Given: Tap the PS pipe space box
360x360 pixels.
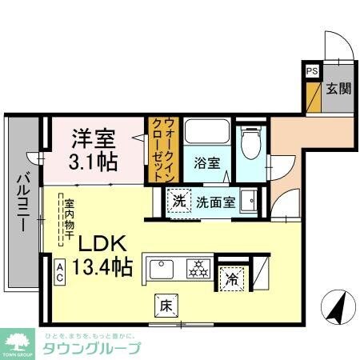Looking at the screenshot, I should [x=310, y=71].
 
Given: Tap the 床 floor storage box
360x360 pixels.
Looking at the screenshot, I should [x=162, y=304].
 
